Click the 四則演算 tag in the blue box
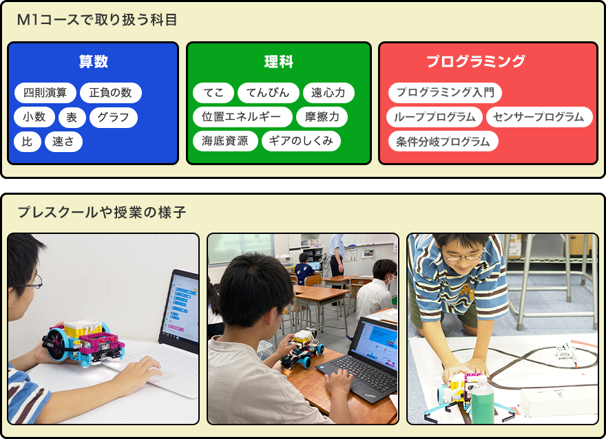[45, 93]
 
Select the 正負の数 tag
[111, 93]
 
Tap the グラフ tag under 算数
[113, 117]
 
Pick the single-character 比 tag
[27, 141]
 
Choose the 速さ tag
[63, 141]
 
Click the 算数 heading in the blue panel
[93, 61]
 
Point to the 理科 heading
[279, 61]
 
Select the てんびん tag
[268, 93]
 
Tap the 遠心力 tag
[328, 93]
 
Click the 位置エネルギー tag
[242, 117]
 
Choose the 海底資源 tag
[225, 141]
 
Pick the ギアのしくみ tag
[301, 141]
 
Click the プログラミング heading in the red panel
[476, 61]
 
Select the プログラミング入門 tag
[445, 93]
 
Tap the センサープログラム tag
[539, 117]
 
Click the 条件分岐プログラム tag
[443, 141]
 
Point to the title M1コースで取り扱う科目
[97, 20]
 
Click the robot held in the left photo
[83, 343]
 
